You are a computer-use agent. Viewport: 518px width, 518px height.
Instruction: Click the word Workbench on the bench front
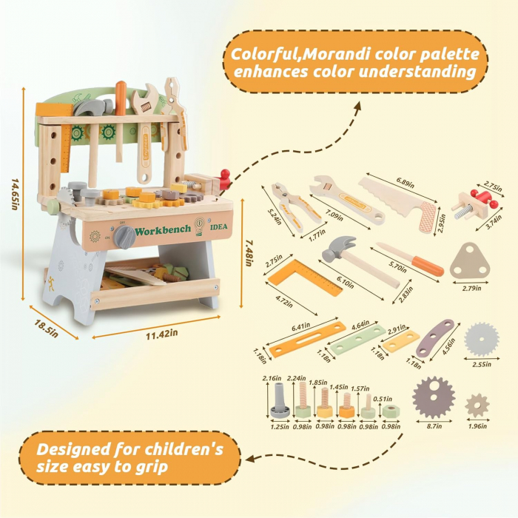pos(163,230)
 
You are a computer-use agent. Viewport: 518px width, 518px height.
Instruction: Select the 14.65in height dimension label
pos(16,194)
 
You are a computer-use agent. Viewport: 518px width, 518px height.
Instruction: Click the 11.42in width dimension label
pos(162,334)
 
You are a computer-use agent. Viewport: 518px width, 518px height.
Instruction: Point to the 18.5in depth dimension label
pos(46,329)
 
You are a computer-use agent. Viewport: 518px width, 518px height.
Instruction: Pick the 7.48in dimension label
pos(249,253)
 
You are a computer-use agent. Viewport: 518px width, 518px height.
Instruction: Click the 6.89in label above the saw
pos(405,182)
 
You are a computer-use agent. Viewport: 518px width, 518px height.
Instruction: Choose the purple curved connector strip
pos(435,337)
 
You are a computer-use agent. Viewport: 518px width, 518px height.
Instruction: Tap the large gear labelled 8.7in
pos(434,397)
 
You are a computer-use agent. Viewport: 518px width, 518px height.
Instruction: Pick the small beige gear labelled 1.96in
pos(477,406)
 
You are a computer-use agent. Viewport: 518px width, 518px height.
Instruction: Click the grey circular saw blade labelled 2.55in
pos(481,340)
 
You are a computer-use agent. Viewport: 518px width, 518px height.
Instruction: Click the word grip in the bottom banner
pos(152,468)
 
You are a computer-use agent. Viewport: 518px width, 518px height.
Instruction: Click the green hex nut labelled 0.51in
pos(391,411)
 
